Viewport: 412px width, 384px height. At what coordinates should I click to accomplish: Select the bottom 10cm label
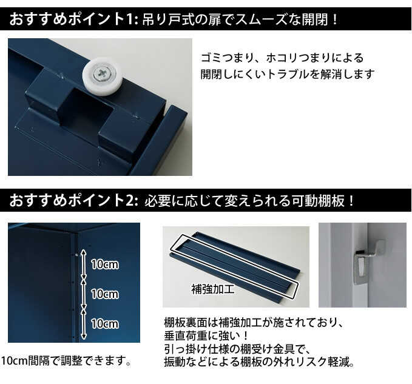(x=104, y=323)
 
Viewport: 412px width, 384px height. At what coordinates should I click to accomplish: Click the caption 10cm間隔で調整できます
(x=67, y=361)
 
